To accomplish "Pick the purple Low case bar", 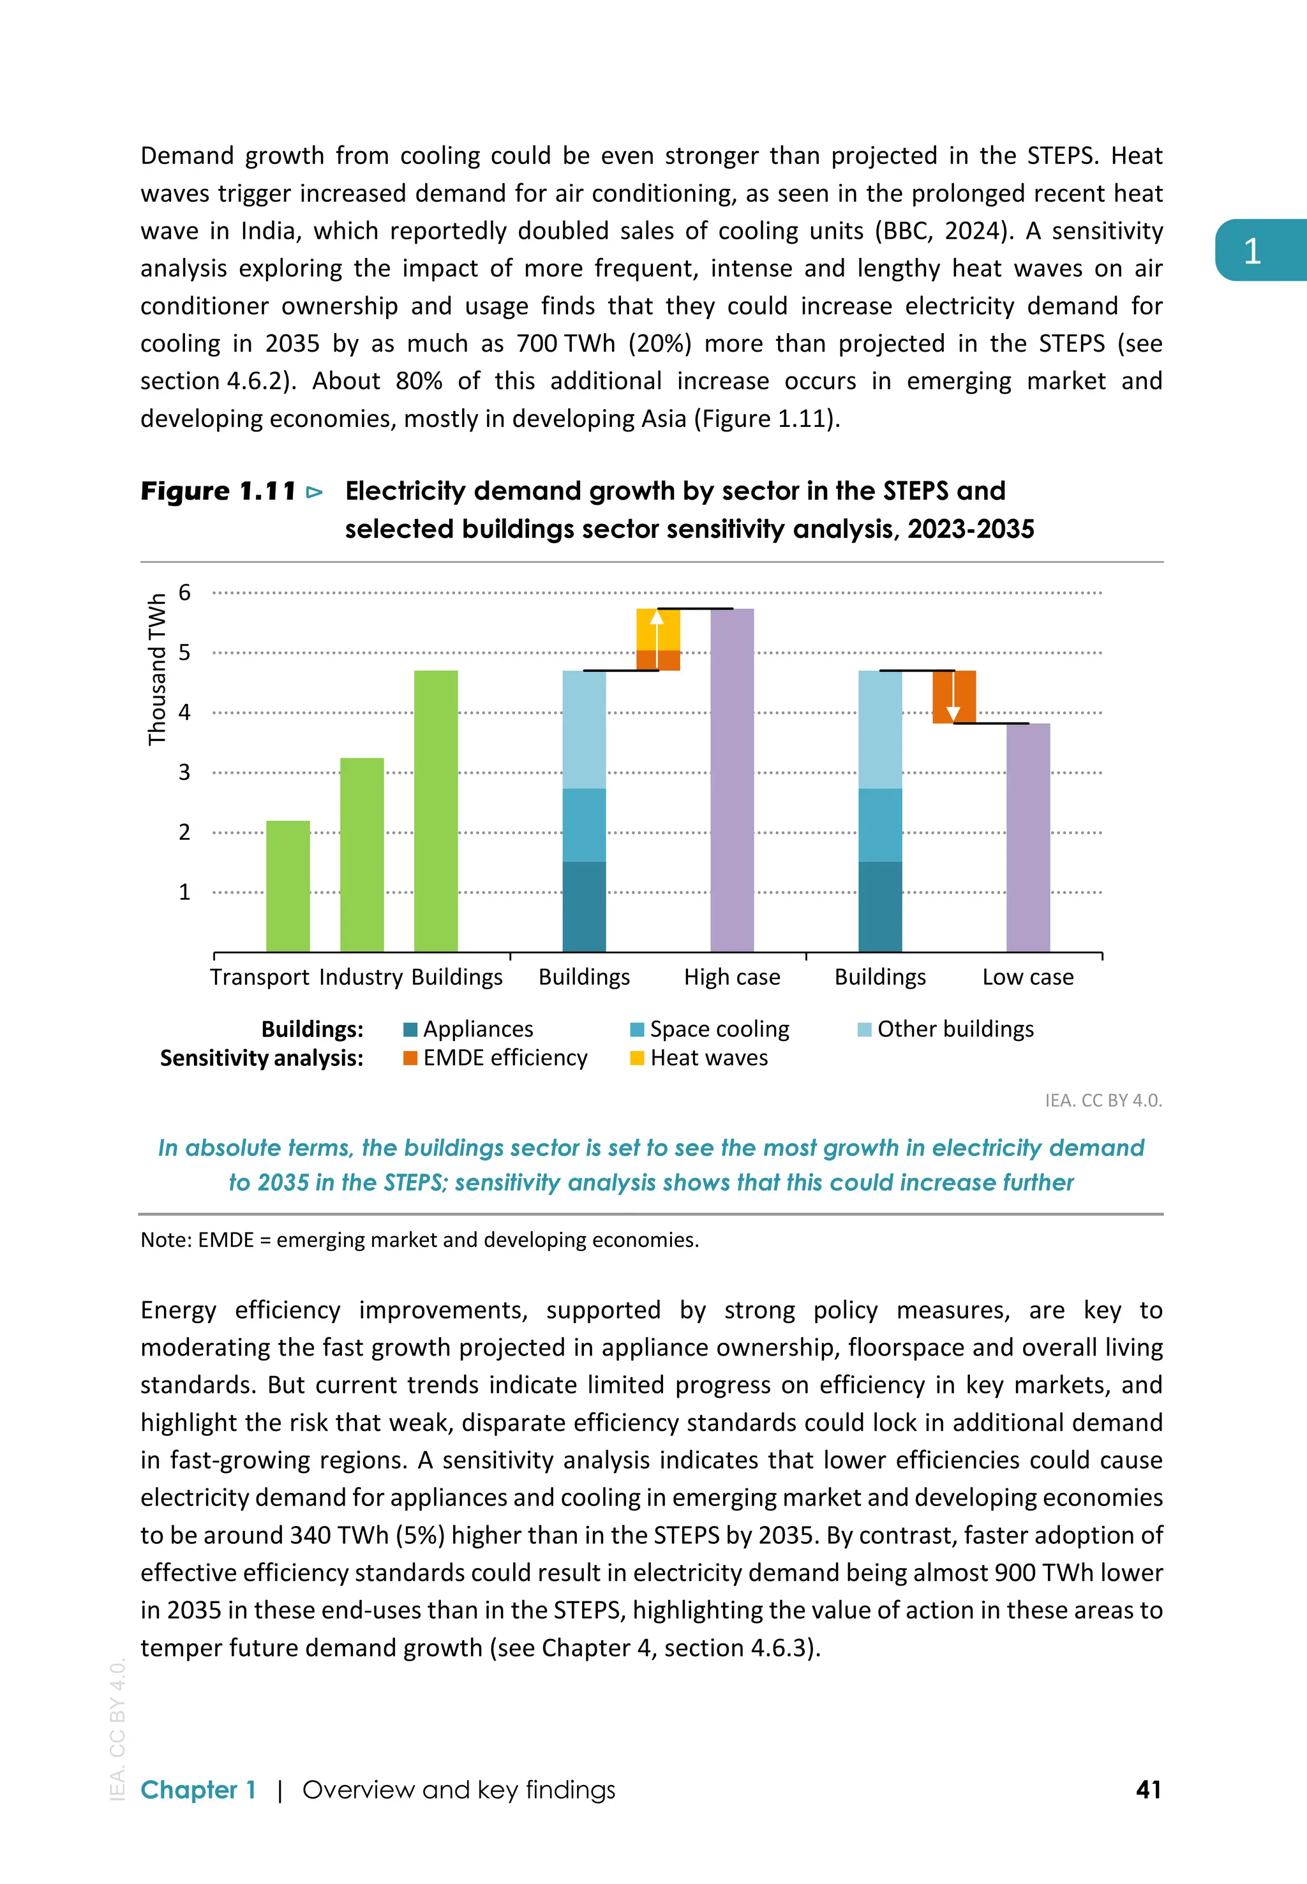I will coord(1027,837).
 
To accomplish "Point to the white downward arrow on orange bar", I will coord(953,701).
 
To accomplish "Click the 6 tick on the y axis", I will coord(184,593).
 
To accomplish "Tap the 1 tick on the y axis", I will coord(184,892).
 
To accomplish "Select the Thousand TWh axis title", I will coord(156,669).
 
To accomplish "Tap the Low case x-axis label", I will coord(1027,977).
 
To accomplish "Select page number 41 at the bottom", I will coord(1148,1789).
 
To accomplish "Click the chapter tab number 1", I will coord(1251,251).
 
